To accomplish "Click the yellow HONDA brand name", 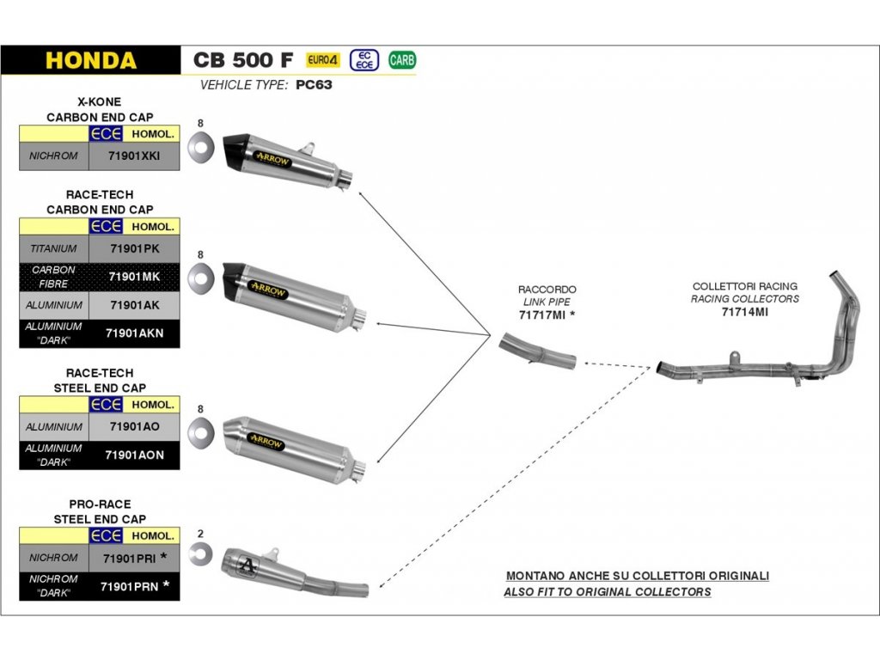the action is (x=91, y=61).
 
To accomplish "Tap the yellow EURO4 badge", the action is (x=323, y=60).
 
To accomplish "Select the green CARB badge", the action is (x=402, y=60).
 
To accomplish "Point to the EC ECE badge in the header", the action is (x=364, y=60).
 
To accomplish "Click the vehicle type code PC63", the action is (x=314, y=85).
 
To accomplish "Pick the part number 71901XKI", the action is (x=134, y=156).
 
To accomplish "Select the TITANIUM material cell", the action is (x=54, y=248).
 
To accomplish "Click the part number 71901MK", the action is (x=134, y=277).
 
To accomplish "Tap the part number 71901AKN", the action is (x=135, y=333).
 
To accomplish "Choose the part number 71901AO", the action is (x=135, y=426).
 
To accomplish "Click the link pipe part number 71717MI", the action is (x=542, y=315).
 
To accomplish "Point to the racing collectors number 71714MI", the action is (x=745, y=312).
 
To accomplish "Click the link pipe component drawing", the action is (x=538, y=351).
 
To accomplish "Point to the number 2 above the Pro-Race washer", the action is (x=200, y=534).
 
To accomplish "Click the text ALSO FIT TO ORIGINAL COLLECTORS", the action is (x=608, y=592).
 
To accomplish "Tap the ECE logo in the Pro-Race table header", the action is (x=106, y=536).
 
